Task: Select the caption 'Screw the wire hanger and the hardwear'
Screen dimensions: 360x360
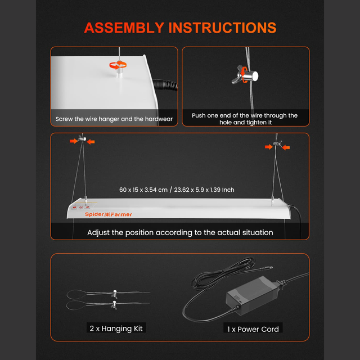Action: tap(114, 119)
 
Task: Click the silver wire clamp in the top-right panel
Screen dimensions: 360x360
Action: tap(246, 74)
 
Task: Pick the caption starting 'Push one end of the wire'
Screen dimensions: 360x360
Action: tap(245, 119)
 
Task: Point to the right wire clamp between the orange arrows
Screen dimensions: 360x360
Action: tap(275, 147)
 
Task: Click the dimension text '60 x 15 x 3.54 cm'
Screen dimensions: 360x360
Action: tap(143, 190)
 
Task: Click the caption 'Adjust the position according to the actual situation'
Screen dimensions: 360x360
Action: tap(180, 232)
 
